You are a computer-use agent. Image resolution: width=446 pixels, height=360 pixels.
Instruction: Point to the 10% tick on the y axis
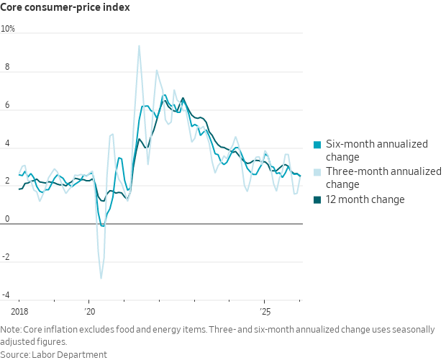pyautogui.click(x=8, y=30)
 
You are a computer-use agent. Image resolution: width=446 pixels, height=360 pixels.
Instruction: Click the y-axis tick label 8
pyautogui.click(x=8, y=68)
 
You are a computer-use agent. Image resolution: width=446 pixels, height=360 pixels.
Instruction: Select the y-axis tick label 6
pyautogui.click(x=8, y=106)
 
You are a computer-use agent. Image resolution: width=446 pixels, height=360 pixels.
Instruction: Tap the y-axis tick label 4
pyautogui.click(x=8, y=144)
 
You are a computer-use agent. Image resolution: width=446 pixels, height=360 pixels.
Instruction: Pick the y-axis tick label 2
pyautogui.click(x=8, y=181)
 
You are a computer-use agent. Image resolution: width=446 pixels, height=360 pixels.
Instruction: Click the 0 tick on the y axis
pyautogui.click(x=8, y=220)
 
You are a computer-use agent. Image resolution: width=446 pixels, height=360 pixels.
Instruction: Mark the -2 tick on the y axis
pyautogui.click(x=6, y=258)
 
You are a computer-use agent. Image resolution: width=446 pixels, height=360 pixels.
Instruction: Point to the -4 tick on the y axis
pyautogui.click(x=6, y=295)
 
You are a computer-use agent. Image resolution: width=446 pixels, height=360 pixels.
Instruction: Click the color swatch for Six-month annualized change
pyautogui.click(x=317, y=144)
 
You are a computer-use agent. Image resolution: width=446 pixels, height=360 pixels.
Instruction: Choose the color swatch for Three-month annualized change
pyautogui.click(x=317, y=171)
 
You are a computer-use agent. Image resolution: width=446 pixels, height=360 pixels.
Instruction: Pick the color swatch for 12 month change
pyautogui.click(x=317, y=199)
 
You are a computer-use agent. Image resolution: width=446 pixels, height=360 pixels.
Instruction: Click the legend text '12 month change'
pyautogui.click(x=365, y=199)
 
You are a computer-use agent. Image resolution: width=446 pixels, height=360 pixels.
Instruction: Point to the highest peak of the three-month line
pyautogui.click(x=139, y=46)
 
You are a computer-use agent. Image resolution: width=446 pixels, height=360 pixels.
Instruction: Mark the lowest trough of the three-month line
pyautogui.click(x=101, y=278)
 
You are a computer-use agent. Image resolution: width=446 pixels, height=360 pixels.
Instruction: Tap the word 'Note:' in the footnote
pyautogui.click(x=12, y=330)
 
